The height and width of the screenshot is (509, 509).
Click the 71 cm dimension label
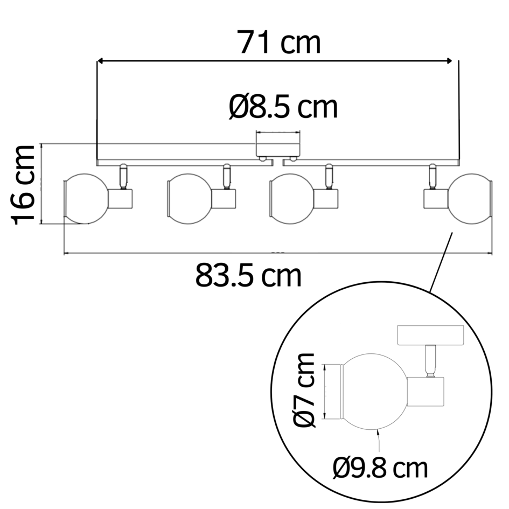click(280, 43)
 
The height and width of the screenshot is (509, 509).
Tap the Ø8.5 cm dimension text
click(283, 107)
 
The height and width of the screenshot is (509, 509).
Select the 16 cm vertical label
click(24, 184)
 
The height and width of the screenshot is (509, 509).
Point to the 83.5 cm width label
click(248, 276)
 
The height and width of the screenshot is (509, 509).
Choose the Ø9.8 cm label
click(380, 468)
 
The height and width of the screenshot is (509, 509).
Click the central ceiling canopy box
click(278, 147)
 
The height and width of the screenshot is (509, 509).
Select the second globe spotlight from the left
click(190, 199)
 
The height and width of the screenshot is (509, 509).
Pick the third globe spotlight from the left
click(291, 199)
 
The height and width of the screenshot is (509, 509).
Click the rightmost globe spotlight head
click(470, 199)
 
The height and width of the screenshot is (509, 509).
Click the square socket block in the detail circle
click(426, 392)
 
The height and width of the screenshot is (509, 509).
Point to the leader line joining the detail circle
click(441, 261)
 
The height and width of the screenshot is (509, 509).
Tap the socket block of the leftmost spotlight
click(121, 199)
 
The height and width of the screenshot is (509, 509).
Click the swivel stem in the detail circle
click(430, 361)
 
